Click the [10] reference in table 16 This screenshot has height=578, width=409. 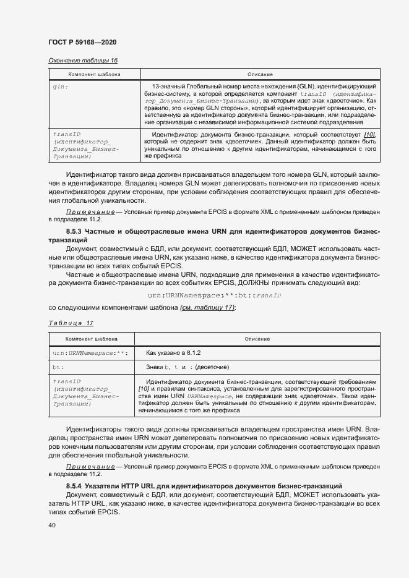tap(369, 135)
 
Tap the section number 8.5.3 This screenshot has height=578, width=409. tap(76, 231)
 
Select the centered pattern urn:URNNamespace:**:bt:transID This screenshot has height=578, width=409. tap(215, 295)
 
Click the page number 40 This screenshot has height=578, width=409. tap(52, 526)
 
